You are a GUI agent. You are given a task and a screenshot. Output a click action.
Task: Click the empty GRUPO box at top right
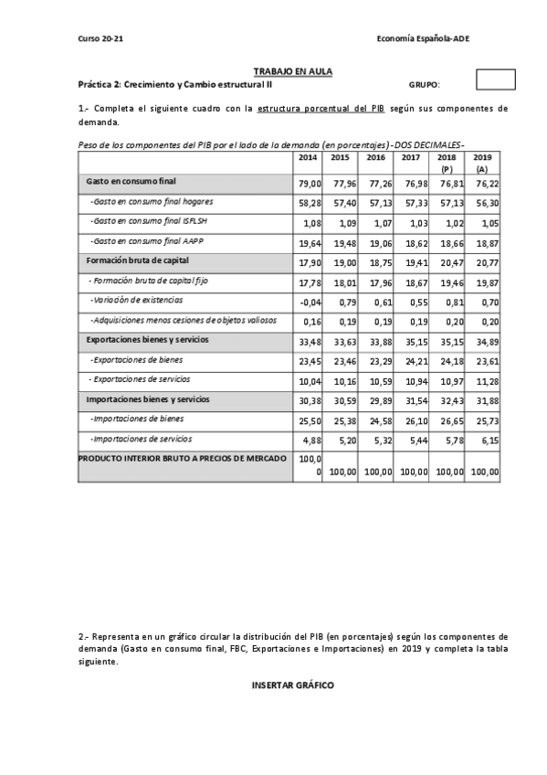[496, 80]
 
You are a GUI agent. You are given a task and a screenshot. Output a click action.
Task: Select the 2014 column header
[308, 157]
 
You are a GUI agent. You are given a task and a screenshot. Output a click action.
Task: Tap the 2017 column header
[411, 157]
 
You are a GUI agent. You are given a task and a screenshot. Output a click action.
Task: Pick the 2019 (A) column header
[481, 163]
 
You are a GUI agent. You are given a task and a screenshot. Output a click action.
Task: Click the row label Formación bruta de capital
[139, 260]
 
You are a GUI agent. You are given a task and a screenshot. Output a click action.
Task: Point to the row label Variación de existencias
[136, 300]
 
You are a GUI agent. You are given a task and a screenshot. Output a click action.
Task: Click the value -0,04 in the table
[310, 302]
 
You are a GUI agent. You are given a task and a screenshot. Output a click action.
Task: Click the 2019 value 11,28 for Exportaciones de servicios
[487, 380]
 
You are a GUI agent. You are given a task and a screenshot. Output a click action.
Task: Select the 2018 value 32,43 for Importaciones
[451, 400]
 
